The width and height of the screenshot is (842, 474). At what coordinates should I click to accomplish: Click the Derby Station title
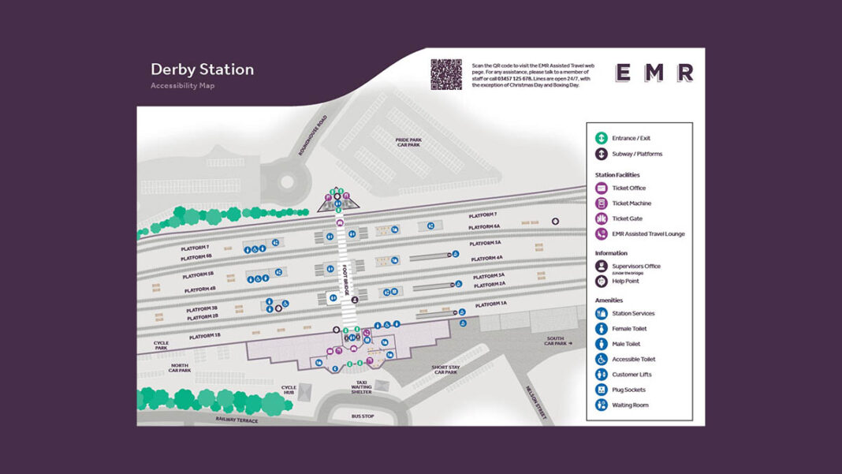click(202, 69)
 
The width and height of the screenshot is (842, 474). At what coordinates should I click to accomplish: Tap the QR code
click(445, 74)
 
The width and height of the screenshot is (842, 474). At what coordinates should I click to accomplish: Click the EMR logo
click(654, 73)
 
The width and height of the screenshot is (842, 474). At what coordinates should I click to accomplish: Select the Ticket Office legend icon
click(602, 188)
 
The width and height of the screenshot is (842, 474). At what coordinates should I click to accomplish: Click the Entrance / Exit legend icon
click(602, 138)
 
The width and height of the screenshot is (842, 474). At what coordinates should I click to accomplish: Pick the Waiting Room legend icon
click(602, 405)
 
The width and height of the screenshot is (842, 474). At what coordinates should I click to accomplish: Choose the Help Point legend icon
click(602, 281)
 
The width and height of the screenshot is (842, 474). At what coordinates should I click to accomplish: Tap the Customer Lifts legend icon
click(602, 374)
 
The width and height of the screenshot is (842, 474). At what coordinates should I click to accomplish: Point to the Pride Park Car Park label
click(408, 143)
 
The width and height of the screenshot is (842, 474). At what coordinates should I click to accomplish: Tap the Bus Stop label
click(363, 416)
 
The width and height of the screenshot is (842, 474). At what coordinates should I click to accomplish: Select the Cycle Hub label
click(289, 390)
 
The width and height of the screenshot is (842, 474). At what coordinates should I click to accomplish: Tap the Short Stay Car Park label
click(445, 369)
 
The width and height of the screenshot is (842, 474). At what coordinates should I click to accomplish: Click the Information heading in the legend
click(611, 253)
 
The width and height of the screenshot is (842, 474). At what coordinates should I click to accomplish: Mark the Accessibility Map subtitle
click(182, 86)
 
